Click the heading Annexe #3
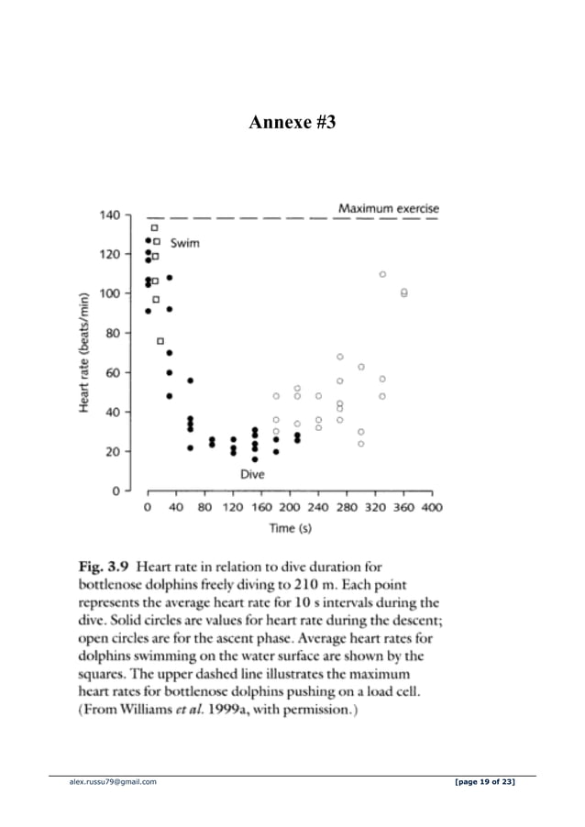click(x=292, y=122)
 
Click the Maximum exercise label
click(x=388, y=208)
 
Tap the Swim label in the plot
click(x=184, y=243)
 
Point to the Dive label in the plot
click(x=252, y=475)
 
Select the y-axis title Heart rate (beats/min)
click(x=83, y=352)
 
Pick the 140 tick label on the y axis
click(x=109, y=215)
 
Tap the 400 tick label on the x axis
click(x=431, y=507)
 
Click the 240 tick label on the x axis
click(x=318, y=507)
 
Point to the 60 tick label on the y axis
click(x=113, y=372)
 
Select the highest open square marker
click(x=155, y=226)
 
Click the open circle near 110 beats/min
click(x=382, y=274)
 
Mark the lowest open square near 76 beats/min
click(x=160, y=341)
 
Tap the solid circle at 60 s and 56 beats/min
click(x=191, y=380)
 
